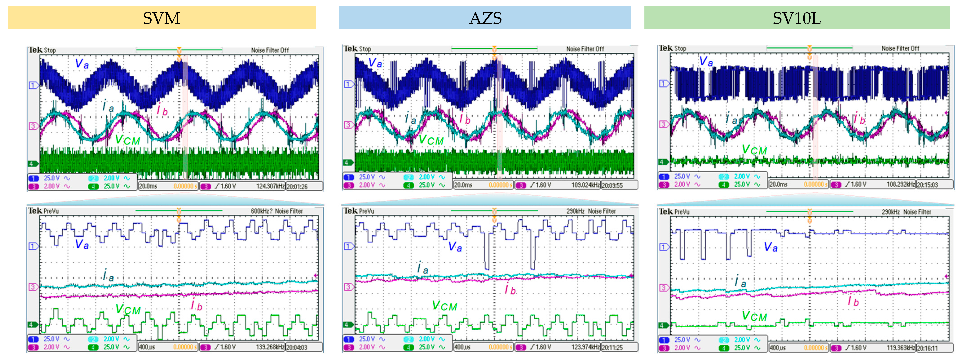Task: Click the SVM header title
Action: coord(161,18)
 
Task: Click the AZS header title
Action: coord(485,18)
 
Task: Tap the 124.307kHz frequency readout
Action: coord(270,186)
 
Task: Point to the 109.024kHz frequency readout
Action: coord(585,185)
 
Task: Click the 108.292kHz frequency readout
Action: coord(901,184)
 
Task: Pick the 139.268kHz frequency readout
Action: coord(270,347)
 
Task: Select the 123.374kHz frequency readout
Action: coord(585,347)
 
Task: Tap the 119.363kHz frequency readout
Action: coord(901,348)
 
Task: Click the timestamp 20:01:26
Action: coord(297,186)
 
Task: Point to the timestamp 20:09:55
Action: coord(612,185)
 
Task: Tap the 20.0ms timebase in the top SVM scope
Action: coord(148,186)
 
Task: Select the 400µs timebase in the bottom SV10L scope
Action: coord(778,348)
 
